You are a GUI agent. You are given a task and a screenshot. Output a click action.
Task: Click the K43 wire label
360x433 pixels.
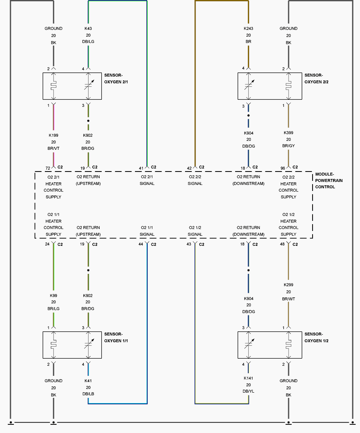(x=88, y=28)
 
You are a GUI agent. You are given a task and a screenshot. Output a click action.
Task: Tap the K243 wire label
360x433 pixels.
(x=248, y=28)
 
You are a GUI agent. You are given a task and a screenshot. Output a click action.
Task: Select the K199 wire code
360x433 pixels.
(x=53, y=135)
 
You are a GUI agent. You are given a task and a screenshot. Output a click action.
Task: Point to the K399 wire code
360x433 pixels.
(x=289, y=133)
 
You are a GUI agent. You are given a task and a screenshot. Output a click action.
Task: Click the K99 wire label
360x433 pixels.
(x=53, y=296)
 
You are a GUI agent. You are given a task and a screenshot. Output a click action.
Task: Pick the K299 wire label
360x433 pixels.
(x=289, y=285)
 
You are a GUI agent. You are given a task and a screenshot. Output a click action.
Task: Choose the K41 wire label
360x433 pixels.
(x=88, y=381)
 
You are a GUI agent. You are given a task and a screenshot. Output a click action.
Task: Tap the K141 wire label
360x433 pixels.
(x=248, y=378)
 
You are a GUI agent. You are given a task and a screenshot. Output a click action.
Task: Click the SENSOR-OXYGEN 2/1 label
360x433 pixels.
(x=116, y=78)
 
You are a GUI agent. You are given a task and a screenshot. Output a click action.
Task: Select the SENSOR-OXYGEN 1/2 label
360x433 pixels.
(x=316, y=337)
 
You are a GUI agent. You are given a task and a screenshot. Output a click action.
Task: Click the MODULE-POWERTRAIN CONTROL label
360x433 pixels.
(x=329, y=180)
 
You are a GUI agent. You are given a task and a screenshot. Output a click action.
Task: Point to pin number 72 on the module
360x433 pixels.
(x=48, y=168)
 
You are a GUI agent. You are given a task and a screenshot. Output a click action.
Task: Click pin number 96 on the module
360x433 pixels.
(x=283, y=168)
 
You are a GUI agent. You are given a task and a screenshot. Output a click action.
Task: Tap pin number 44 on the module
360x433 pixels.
(x=141, y=244)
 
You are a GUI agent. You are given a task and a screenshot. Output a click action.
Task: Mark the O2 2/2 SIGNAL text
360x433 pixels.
(x=195, y=180)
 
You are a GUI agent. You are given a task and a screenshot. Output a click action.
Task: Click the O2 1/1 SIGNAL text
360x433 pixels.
(x=147, y=231)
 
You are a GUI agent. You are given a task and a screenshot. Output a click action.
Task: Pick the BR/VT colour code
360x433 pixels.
(x=53, y=148)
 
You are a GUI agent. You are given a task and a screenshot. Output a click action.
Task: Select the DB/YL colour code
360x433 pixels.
(x=248, y=391)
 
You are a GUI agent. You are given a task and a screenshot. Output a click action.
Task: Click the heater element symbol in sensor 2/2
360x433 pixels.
(x=289, y=86)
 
